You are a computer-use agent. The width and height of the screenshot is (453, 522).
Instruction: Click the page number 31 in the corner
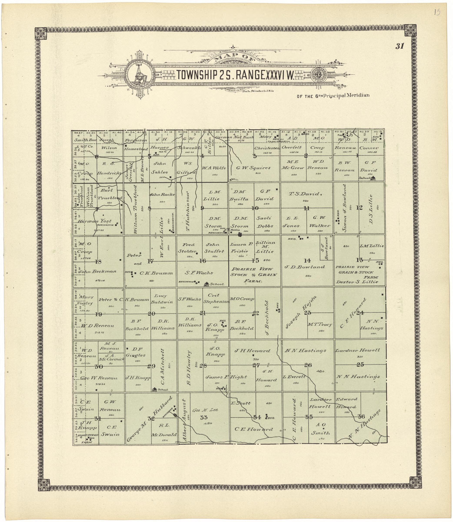(400, 46)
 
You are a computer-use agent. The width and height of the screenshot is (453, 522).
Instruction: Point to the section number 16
(203, 261)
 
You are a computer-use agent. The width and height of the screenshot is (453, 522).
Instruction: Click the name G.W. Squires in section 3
(253, 168)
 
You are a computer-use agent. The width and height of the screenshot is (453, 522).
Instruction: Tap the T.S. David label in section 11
(305, 194)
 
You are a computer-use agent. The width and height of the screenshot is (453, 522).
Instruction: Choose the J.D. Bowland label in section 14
(305, 267)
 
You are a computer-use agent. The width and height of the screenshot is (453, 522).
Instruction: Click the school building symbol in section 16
(207, 284)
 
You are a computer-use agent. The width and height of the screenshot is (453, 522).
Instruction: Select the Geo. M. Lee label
(205, 410)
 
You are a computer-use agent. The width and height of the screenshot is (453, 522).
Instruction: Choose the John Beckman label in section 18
(97, 272)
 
